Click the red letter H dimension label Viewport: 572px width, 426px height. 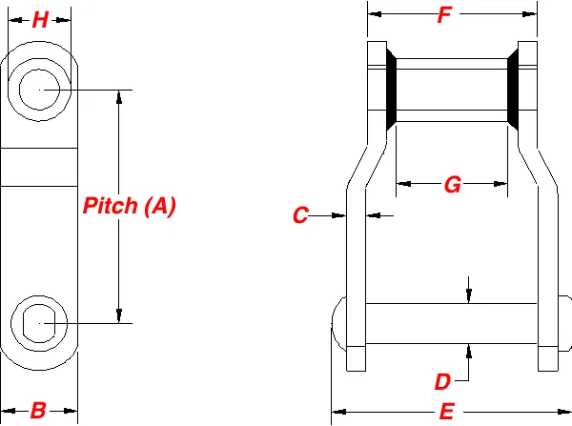(39, 21)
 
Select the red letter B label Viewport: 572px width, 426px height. (38, 411)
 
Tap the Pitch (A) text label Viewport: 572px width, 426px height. (130, 206)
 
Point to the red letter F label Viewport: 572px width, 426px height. (443, 15)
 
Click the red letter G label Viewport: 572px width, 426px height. (452, 186)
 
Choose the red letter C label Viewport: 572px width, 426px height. (300, 216)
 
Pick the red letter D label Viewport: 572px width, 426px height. (442, 382)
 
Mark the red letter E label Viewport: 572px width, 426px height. (446, 413)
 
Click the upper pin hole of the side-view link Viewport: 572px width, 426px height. (39, 90)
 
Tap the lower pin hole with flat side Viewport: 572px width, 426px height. (39, 324)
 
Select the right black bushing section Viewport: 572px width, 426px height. (513, 90)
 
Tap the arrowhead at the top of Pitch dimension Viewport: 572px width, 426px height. (119, 97)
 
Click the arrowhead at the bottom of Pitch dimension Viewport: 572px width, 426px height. (119, 315)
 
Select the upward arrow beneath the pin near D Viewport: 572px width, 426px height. (469, 349)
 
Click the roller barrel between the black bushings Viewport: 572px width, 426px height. (451, 90)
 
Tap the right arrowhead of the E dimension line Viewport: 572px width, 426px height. (563, 412)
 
